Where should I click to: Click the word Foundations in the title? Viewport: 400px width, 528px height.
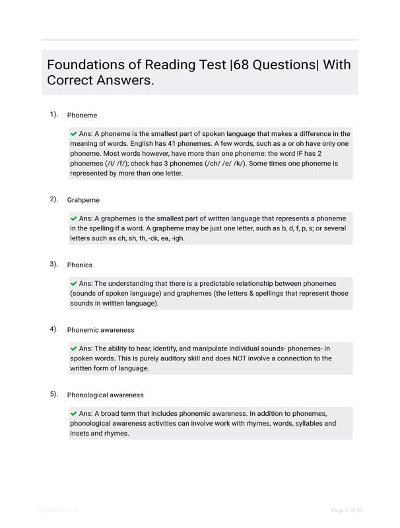click(x=85, y=65)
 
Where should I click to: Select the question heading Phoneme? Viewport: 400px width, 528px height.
click(x=82, y=115)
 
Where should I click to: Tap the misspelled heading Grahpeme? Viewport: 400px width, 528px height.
click(x=83, y=200)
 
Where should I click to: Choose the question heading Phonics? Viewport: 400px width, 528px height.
click(x=80, y=265)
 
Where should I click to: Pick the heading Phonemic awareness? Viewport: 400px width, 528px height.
click(x=100, y=330)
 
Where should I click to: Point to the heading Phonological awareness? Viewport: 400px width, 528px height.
click(x=105, y=395)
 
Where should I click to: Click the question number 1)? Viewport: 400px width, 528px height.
click(x=53, y=115)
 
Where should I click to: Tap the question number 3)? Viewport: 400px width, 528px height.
click(x=53, y=264)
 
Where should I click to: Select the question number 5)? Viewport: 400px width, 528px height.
click(x=53, y=395)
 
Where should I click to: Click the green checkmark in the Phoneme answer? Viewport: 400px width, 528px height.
click(x=74, y=133)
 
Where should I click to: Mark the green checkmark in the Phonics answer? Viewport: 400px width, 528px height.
click(x=74, y=283)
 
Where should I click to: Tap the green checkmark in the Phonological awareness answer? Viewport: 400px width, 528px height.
click(x=74, y=413)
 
